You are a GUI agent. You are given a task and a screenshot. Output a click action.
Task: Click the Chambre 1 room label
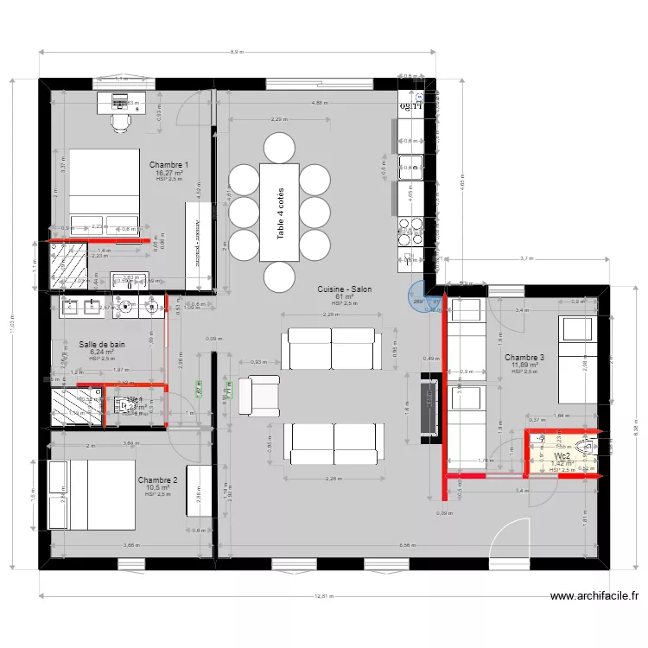(168, 164)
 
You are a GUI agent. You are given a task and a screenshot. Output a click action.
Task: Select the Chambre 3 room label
(524, 357)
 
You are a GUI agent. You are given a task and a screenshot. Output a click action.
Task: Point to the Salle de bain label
(102, 344)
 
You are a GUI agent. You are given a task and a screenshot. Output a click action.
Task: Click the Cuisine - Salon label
(344, 289)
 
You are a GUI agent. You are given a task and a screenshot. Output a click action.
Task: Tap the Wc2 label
(562, 455)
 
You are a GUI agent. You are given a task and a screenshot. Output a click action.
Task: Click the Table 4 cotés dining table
(279, 212)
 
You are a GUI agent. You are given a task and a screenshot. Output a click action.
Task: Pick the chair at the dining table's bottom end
(279, 277)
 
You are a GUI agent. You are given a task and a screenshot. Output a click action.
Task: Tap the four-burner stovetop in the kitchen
(410, 228)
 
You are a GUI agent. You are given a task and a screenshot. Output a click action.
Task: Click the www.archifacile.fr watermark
(594, 596)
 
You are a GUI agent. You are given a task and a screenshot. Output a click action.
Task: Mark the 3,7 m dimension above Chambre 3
(525, 258)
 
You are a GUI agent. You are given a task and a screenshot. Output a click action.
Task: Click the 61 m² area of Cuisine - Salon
(341, 296)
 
